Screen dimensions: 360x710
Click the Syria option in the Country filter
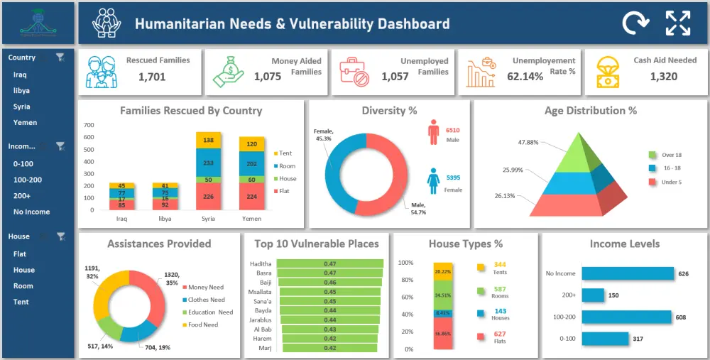click(21, 107)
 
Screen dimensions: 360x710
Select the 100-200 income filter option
click(28, 180)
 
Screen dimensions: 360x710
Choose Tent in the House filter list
click(21, 302)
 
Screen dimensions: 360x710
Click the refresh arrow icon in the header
click(635, 23)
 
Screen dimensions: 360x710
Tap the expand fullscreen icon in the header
click(677, 23)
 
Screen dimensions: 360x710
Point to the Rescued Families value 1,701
click(152, 77)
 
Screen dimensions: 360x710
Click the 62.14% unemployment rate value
click(525, 77)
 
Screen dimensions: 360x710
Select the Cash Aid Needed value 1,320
click(664, 77)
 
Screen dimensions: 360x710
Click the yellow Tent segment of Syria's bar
click(209, 141)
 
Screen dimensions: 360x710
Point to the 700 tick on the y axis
click(89, 126)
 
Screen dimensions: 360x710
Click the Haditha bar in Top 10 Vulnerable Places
click(329, 263)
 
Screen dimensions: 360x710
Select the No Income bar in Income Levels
click(627, 273)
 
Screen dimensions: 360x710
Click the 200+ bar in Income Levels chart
click(593, 295)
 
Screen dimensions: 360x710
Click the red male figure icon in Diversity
click(434, 132)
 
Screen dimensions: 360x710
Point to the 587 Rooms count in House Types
click(499, 289)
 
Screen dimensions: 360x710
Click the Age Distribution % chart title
click(590, 111)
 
